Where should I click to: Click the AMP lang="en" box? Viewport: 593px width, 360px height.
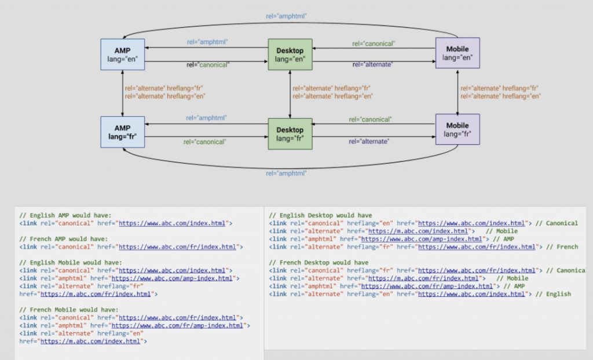pyautogui.click(x=122, y=54)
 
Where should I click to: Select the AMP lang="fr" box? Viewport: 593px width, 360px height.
pyautogui.click(x=122, y=132)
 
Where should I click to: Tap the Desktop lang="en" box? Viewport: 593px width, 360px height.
pyautogui.click(x=290, y=54)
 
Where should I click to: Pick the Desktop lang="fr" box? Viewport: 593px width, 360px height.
pyautogui.click(x=290, y=134)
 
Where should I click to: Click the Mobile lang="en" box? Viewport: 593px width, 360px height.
pyautogui.click(x=457, y=53)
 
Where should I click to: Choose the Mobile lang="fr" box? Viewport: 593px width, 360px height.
pyautogui.click(x=457, y=130)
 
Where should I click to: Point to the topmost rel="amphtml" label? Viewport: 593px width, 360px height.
pyautogui.click(x=285, y=16)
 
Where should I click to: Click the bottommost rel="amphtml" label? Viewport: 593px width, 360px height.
pyautogui.click(x=285, y=173)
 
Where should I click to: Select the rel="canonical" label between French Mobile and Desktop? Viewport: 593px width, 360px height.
pyautogui.click(x=371, y=120)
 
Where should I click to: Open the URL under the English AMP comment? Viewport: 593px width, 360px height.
pyautogui.click(x=174, y=223)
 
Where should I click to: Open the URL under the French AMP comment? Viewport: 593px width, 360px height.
pyautogui.click(x=178, y=247)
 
